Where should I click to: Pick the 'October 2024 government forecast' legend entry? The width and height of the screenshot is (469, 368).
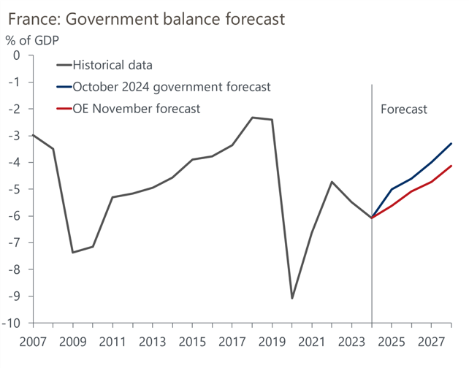tap(172, 87)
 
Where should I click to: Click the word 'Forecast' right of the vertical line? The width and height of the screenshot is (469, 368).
tap(404, 110)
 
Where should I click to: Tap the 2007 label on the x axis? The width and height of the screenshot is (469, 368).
tap(32, 341)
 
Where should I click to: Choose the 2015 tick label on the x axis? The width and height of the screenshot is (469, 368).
tap(191, 341)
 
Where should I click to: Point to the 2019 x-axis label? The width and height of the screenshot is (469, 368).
tap(272, 341)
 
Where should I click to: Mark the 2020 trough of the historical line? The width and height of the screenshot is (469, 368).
tap(292, 298)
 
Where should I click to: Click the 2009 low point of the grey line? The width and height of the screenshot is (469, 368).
tap(72, 253)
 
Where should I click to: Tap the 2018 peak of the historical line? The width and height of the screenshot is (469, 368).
tap(252, 118)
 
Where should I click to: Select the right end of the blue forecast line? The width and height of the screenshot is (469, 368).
tap(451, 143)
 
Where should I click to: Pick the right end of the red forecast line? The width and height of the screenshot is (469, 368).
tap(451, 166)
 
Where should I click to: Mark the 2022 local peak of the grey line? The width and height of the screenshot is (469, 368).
tap(332, 182)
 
